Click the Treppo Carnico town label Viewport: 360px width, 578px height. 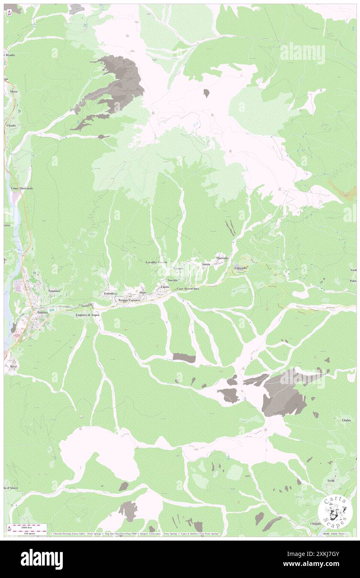(x=128, y=300)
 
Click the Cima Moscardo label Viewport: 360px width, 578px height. (x=22, y=188)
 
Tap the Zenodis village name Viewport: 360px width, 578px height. (x=109, y=294)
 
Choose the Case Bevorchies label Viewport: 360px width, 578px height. (x=188, y=289)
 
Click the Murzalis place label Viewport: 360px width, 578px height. (x=222, y=258)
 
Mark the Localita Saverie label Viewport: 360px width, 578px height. (x=156, y=262)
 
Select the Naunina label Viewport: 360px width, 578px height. (x=54, y=291)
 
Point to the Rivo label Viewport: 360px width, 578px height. (x=13, y=366)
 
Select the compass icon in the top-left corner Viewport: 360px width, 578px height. (x=9, y=13)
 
